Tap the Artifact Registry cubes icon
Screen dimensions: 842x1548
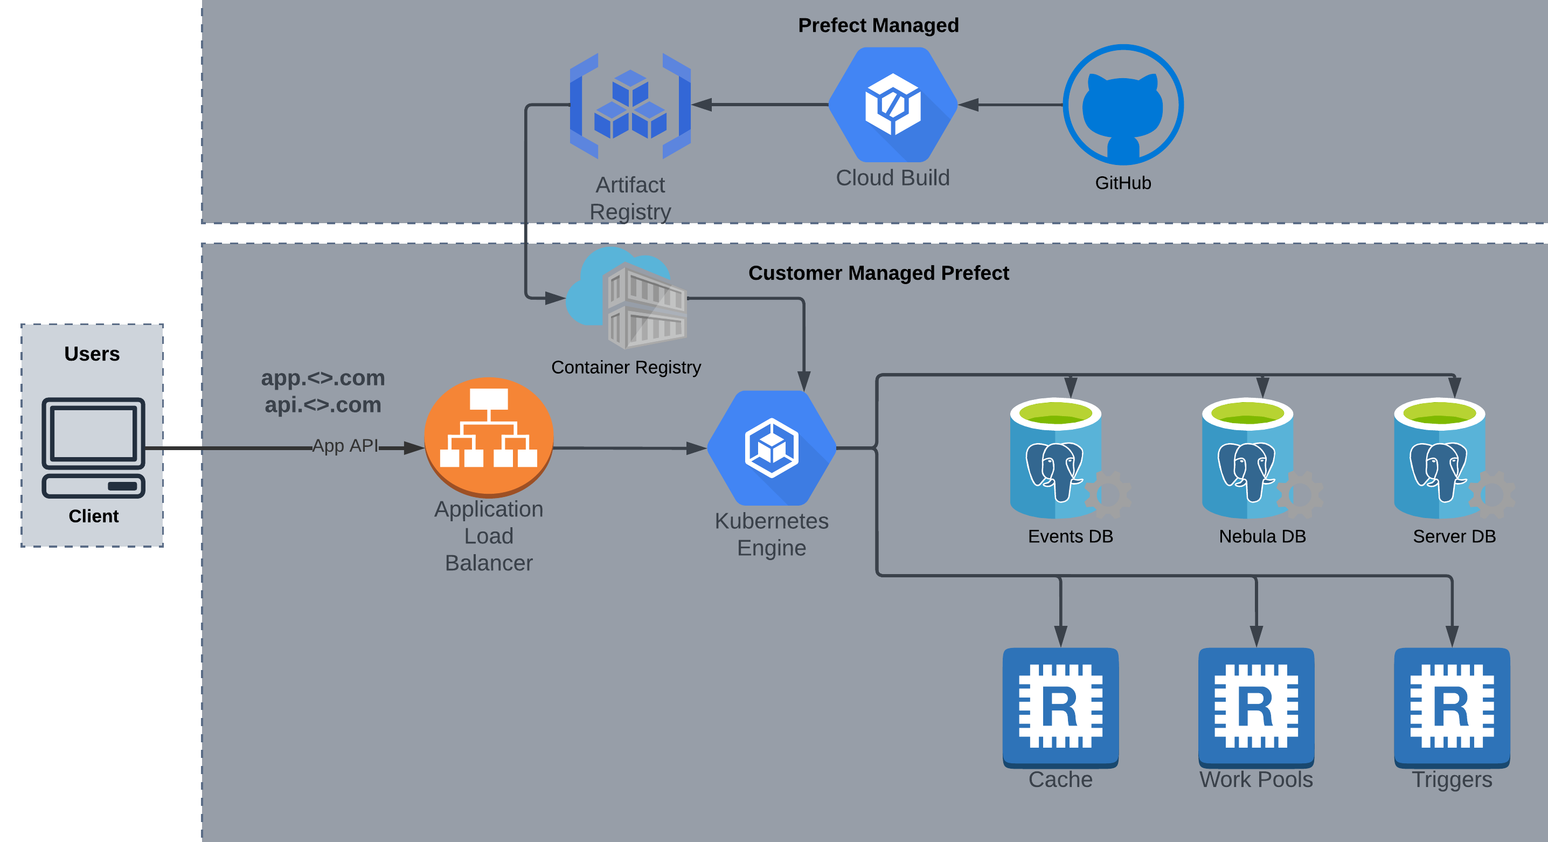pos(630,105)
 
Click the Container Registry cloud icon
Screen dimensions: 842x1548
pos(627,298)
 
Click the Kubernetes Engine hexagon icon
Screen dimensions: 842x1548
pos(772,448)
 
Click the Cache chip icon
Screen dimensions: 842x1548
pos(1060,706)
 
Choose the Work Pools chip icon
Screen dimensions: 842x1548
pos(1256,706)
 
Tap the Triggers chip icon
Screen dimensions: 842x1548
pos(1452,706)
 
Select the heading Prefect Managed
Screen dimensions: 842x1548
pos(878,25)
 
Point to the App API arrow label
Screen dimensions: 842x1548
pos(345,445)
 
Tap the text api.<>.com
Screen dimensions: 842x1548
pos(323,404)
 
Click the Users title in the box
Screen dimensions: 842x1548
pos(92,354)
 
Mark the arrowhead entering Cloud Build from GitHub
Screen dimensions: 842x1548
pos(969,105)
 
